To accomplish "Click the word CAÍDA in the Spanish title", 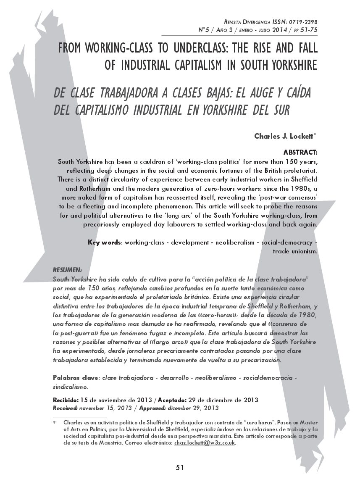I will pyautogui.click(x=292, y=92).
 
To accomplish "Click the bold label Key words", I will pyautogui.click(x=104, y=242).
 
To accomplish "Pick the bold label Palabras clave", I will pyautogui.click(x=73, y=377).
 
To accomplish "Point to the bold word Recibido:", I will pyautogui.click(x=65, y=400).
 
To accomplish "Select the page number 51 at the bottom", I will pyautogui.click(x=180, y=468).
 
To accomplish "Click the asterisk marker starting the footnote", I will pyautogui.click(x=55, y=422).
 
